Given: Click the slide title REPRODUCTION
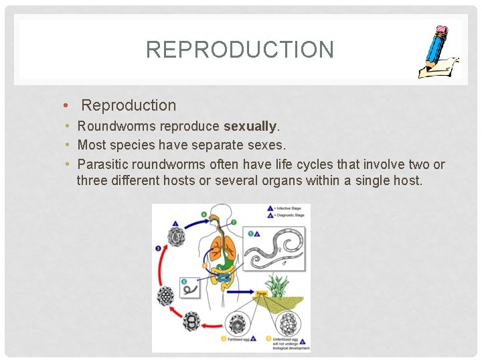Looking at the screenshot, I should pos(240,50).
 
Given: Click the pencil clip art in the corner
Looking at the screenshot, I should pos(438,52).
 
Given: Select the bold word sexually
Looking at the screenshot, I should pos(250,126).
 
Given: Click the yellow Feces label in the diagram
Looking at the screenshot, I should pos(261,293).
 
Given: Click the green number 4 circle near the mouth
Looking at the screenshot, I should pos(204,215).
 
